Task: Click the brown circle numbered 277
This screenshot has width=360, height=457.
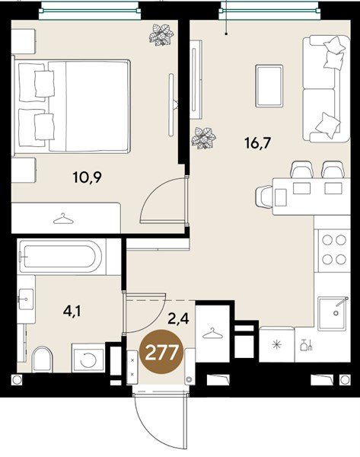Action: pos(161,353)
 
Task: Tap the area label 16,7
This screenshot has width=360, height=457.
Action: pos(258,143)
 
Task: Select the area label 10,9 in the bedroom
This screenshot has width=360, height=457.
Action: pos(88,177)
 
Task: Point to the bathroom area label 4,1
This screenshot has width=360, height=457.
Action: pos(72,311)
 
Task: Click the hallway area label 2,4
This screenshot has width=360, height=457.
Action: pos(179,318)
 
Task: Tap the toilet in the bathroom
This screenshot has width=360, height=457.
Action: pos(43,360)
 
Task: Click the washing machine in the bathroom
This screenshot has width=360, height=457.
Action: pos(88,358)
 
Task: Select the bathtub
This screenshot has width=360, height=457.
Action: pos(60,256)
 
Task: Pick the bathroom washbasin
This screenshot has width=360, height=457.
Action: pos(26,299)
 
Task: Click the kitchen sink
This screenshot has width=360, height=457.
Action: pos(333,313)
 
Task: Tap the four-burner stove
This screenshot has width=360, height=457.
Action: pos(334,250)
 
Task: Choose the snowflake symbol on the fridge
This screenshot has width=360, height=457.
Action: pos(276,345)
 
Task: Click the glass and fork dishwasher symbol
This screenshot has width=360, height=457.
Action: pos(306,344)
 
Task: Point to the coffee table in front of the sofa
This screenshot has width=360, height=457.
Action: pos(269,85)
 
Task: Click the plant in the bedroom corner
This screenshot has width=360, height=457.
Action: pos(161,35)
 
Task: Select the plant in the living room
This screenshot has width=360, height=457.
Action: pos(203,138)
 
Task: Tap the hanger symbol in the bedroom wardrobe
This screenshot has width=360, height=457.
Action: pos(63,219)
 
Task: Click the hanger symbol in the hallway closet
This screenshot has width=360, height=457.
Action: pos(212,333)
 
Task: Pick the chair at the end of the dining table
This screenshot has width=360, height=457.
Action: pos(264,197)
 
